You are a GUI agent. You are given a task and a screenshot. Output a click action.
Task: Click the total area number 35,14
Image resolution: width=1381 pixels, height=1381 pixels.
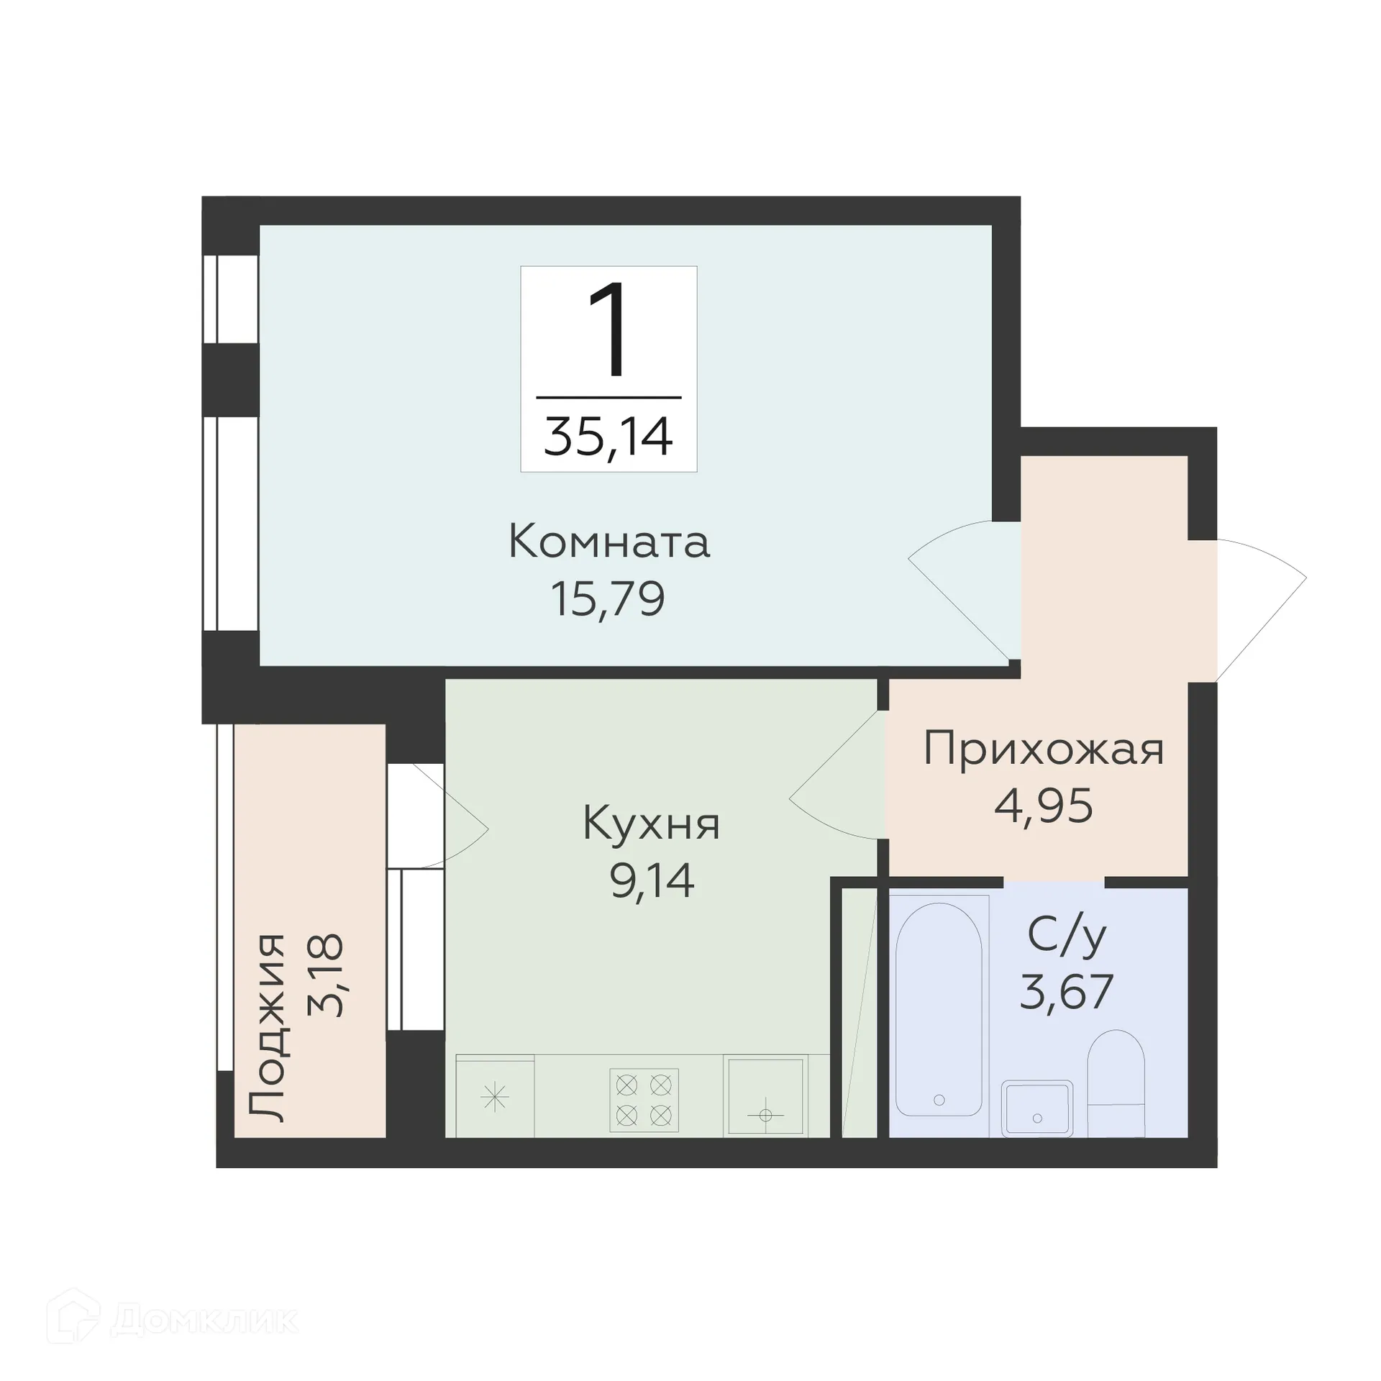[x=608, y=437]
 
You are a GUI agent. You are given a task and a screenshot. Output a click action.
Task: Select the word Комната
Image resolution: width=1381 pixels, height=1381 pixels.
[x=609, y=542]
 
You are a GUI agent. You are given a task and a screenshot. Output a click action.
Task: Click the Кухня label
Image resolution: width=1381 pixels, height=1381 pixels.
[x=651, y=824]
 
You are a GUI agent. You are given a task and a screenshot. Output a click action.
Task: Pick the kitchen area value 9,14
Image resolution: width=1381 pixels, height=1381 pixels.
[x=652, y=881]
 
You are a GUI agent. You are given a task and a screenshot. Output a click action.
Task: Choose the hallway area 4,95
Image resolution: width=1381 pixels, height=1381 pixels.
[x=1043, y=806]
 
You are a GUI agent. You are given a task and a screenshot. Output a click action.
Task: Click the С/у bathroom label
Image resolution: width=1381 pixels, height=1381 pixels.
[x=1067, y=936]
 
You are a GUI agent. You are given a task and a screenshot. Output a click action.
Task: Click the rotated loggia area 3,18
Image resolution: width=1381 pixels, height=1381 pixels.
[x=326, y=975]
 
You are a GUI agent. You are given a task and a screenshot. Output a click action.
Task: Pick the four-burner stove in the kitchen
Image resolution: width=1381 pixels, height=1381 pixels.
[x=644, y=1100]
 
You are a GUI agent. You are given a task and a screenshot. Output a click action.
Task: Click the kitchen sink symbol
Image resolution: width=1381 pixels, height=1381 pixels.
[x=765, y=1097]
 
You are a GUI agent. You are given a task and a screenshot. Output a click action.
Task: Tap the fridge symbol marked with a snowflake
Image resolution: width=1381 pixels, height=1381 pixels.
[x=495, y=1098]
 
